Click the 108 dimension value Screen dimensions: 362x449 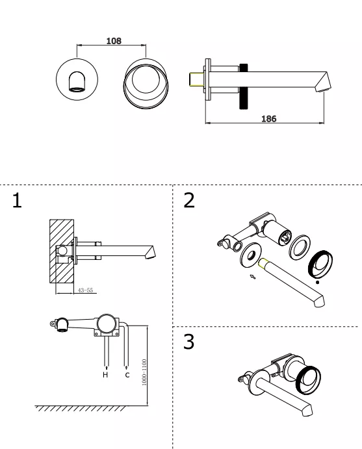point(114,41)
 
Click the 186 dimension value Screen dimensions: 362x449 point(268,118)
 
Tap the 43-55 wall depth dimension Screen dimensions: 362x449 point(85,290)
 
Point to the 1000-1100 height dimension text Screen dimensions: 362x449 point(144,372)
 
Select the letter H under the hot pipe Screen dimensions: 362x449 point(105,374)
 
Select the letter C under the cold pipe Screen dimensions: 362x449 point(127,374)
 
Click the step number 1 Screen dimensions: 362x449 point(17,200)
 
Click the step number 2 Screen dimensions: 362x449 point(189,200)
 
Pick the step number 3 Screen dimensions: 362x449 point(188,341)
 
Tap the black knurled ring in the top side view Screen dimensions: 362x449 point(244,86)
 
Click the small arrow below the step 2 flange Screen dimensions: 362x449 point(253,276)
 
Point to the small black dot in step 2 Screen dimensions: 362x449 point(317,283)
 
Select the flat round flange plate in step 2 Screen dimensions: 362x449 point(251,255)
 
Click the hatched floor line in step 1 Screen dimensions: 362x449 point(82,408)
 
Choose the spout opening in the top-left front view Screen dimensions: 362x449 point(77,89)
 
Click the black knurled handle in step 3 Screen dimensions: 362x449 point(309,380)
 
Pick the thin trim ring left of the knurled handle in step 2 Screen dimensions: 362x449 point(300,248)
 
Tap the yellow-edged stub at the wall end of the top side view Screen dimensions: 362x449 point(197,79)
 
